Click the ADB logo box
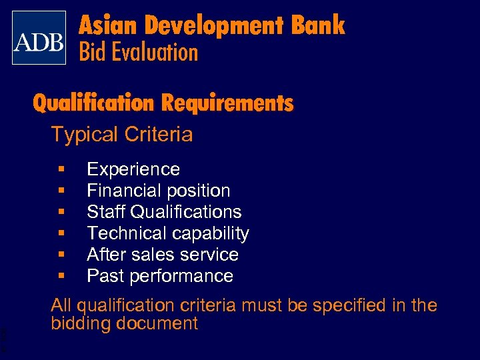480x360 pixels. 39,38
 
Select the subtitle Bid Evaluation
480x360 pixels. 139,52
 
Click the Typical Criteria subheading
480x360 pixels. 122,135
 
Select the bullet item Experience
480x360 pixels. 133,169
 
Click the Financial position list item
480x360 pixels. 159,191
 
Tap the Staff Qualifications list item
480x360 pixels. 164,212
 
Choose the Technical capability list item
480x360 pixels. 168,233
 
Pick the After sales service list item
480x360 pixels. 163,255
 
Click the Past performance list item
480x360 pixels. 160,276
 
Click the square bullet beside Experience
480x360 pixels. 61,169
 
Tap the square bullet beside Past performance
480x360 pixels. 61,276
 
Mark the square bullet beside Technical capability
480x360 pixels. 61,233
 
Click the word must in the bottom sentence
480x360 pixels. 262,305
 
